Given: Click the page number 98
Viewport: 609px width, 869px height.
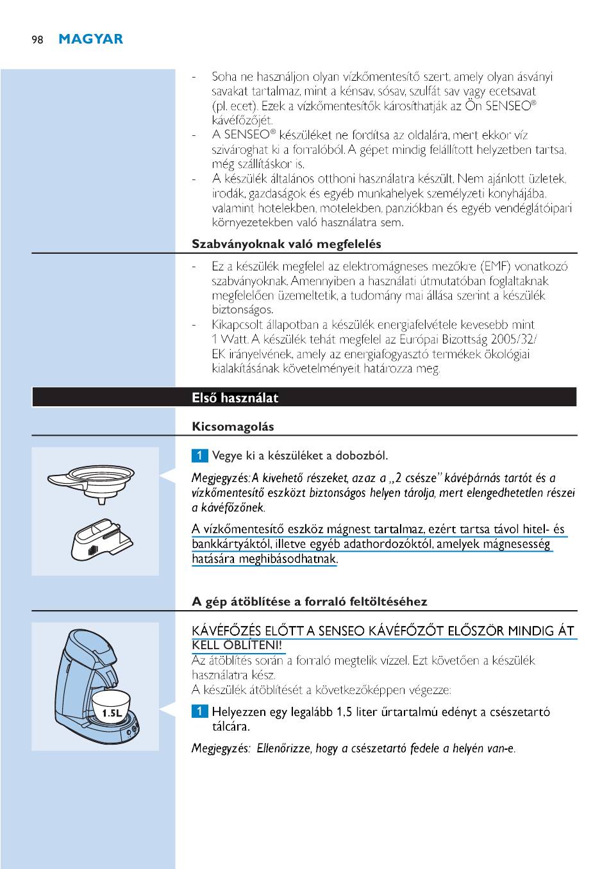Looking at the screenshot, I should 38,40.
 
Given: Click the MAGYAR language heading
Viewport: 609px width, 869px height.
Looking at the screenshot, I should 90,39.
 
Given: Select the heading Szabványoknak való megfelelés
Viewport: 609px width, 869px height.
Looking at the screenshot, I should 287,244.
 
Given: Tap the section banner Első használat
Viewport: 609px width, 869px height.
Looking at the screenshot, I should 235,398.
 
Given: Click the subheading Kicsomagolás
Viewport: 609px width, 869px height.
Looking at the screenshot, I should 233,427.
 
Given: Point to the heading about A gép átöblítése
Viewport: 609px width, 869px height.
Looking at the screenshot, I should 309,601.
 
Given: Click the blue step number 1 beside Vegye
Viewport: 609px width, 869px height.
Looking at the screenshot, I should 199,456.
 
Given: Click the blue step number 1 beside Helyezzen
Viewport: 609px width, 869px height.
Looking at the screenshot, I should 199,712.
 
